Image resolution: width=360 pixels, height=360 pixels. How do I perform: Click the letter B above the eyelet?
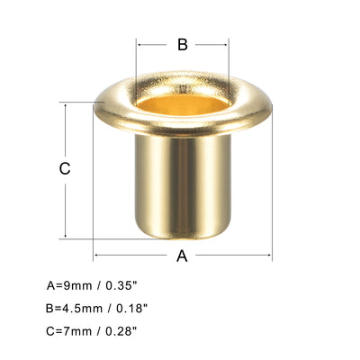coord(181,45)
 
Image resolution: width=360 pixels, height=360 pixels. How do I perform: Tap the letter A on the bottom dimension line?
coord(181,256)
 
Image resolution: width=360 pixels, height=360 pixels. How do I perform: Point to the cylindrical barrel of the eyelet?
coord(181,180)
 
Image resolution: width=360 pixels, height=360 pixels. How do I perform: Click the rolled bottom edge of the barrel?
coord(181,236)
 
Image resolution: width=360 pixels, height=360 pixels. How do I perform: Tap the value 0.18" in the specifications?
coord(130,308)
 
